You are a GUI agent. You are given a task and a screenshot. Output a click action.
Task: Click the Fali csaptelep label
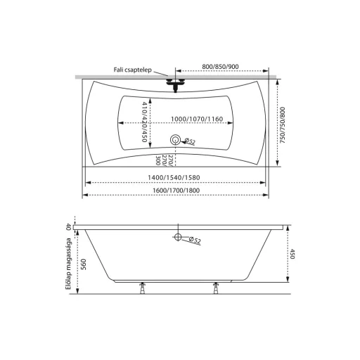pos(133,70)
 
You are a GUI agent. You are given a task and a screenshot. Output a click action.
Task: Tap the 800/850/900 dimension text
pos(220,67)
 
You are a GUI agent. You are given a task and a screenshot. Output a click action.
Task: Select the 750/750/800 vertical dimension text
pos(283,125)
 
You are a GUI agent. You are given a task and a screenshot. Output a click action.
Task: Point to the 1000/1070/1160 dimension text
pos(197,119)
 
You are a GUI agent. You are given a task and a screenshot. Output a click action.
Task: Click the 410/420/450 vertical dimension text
pos(145,122)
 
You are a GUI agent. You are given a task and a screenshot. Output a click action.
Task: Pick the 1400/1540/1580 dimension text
pos(174,177)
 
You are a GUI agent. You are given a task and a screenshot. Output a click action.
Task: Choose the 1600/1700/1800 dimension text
pos(176,191)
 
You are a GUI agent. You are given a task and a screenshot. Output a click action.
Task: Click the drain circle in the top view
pos(175,140)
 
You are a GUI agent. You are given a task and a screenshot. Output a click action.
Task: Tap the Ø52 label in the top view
pos(190,141)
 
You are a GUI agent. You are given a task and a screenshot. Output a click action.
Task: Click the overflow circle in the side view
pos(178,237)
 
